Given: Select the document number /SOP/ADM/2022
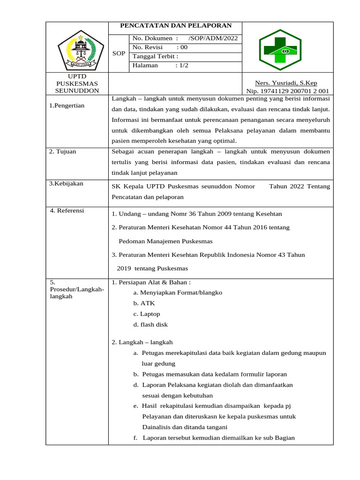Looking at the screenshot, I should click(x=213, y=38).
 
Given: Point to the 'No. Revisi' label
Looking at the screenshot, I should click(x=148, y=47).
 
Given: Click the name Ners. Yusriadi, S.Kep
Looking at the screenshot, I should click(x=285, y=83).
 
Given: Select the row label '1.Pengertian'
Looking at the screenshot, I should click(x=67, y=105).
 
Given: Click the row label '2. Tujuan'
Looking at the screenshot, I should click(x=62, y=151).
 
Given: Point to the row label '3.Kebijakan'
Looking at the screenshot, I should click(x=66, y=183).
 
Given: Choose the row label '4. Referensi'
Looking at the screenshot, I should click(x=67, y=210).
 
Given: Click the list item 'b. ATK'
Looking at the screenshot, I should click(x=144, y=303).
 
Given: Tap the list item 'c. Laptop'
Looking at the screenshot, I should click(x=147, y=314).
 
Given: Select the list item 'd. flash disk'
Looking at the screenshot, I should click(x=150, y=324).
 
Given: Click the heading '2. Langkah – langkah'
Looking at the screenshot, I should click(x=142, y=342).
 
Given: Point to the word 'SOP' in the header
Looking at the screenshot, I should click(x=119, y=53).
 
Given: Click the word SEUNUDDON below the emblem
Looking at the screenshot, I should click(x=77, y=90).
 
